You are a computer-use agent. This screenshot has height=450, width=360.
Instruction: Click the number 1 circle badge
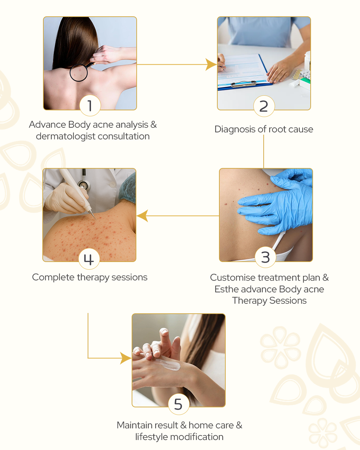pyautogui.click(x=90, y=105)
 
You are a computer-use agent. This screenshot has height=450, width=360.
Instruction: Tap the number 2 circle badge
pyautogui.click(x=264, y=106)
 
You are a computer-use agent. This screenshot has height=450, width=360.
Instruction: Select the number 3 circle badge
pyautogui.click(x=265, y=257)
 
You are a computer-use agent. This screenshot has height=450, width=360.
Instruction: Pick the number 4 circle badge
pyautogui.click(x=89, y=259)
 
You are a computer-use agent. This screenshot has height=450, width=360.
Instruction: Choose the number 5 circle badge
pyautogui.click(x=178, y=404)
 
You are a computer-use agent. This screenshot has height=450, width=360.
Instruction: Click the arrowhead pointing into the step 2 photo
pyautogui.click(x=211, y=64)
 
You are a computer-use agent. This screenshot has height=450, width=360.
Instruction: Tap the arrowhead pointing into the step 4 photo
pyautogui.click(x=142, y=216)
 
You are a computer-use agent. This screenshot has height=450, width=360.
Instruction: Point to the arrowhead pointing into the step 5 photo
pyautogui.click(x=126, y=358)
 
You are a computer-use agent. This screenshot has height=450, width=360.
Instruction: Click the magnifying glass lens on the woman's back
pyautogui.click(x=78, y=72)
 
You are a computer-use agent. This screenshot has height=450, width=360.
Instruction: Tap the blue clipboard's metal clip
pyautogui.click(x=243, y=84)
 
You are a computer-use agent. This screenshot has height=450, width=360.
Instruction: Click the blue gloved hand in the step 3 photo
pyautogui.click(x=276, y=204)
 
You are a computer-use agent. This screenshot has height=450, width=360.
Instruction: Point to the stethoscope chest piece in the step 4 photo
pyautogui.click(x=83, y=185)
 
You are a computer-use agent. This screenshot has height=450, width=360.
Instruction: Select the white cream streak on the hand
pyautogui.click(x=167, y=364)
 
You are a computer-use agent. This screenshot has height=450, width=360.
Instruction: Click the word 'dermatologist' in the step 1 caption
pyautogui.click(x=66, y=137)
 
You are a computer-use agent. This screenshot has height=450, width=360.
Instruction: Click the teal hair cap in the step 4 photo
pyautogui.click(x=128, y=187)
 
